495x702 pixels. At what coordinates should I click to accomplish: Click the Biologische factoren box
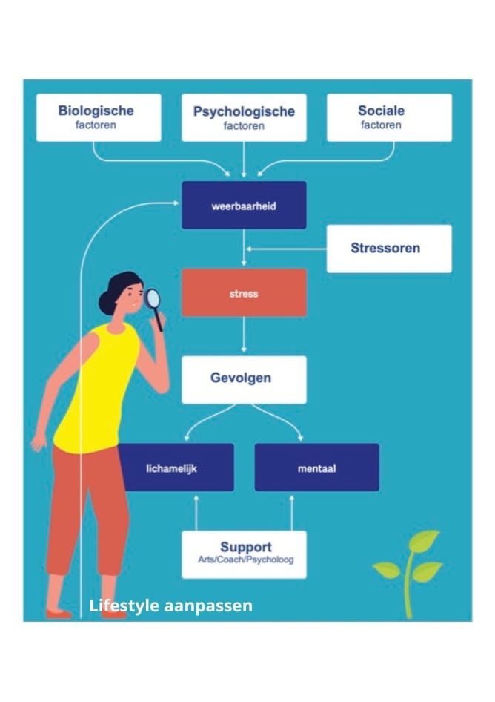(x=99, y=117)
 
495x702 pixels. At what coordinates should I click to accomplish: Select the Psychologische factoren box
(x=244, y=117)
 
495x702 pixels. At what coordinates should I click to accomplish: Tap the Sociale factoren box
(x=389, y=117)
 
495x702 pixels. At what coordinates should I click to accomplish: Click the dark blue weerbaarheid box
(x=244, y=206)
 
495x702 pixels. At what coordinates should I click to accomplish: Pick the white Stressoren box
(x=389, y=248)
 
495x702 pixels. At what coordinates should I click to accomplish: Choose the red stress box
(x=244, y=293)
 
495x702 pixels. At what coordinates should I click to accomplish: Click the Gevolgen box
(x=244, y=379)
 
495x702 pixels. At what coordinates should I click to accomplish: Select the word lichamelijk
(x=170, y=468)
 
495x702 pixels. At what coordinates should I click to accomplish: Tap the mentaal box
(x=316, y=468)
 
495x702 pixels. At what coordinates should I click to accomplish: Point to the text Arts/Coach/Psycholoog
(x=245, y=560)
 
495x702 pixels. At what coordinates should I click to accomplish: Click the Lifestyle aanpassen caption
(x=170, y=606)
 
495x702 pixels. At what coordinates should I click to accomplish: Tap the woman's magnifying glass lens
(x=153, y=298)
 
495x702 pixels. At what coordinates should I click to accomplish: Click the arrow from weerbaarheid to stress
(x=244, y=249)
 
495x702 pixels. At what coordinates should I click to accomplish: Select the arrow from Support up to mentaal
(x=291, y=511)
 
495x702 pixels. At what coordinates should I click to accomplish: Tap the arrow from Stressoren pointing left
(x=285, y=249)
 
